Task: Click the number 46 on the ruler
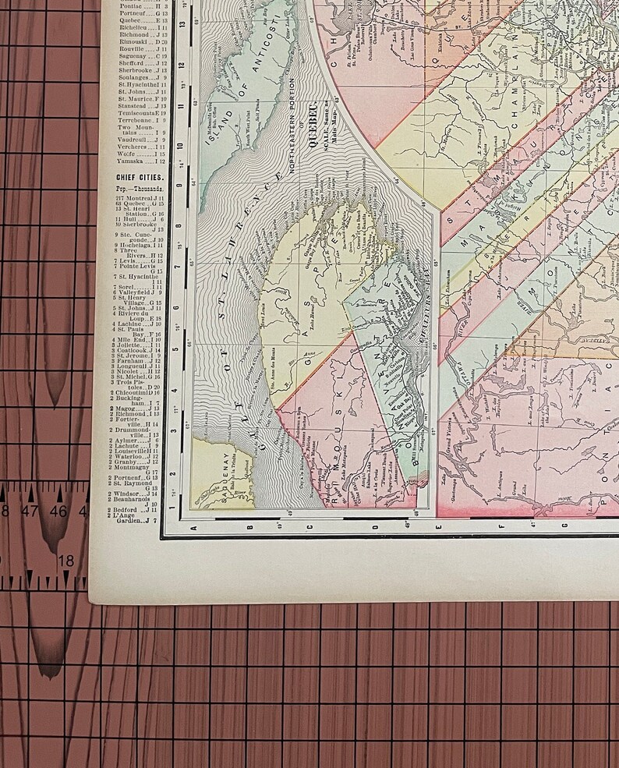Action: click(58, 511)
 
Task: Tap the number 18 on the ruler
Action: click(66, 560)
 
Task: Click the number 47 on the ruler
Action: click(31, 511)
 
